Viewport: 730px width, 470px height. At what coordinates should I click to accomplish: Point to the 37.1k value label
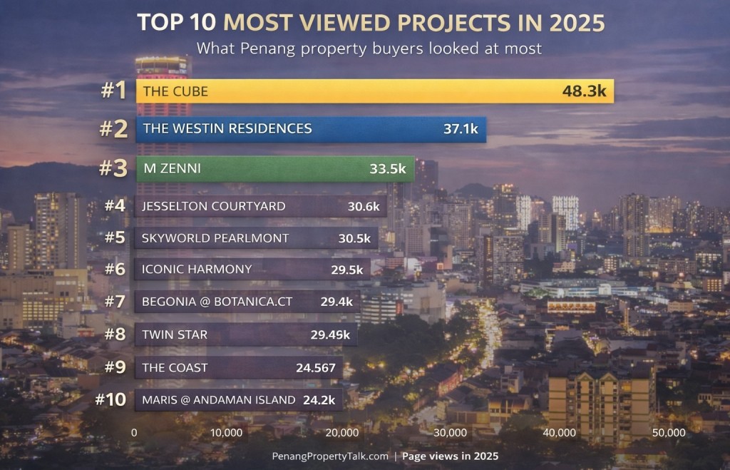click(x=461, y=129)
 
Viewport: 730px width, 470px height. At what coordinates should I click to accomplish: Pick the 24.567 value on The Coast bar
click(x=315, y=368)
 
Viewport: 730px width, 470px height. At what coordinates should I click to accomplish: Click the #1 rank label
click(x=113, y=91)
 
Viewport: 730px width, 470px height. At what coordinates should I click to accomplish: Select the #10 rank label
click(x=110, y=399)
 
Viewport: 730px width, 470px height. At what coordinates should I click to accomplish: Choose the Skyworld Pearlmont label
click(x=215, y=238)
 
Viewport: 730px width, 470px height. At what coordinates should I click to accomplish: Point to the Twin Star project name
click(x=175, y=335)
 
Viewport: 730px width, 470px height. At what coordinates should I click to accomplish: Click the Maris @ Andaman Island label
click(x=218, y=400)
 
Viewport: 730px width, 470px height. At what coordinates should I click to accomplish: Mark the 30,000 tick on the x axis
click(x=451, y=433)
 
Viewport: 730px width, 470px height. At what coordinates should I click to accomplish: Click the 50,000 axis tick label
click(x=668, y=433)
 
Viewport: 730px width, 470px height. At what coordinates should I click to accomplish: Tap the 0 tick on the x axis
click(x=134, y=433)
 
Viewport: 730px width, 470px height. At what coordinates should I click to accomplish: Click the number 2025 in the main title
click(x=577, y=23)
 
